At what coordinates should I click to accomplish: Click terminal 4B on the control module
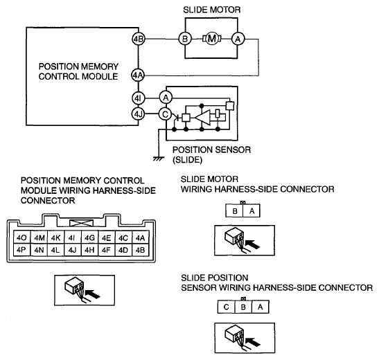pyautogui.click(x=139, y=39)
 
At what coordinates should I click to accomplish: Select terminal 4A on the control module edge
pyautogui.click(x=138, y=75)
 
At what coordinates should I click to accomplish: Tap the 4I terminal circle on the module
pyautogui.click(x=139, y=98)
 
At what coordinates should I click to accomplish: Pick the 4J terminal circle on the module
pyautogui.click(x=138, y=114)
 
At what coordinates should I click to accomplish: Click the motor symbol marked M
pyautogui.click(x=212, y=39)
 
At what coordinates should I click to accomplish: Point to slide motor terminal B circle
pyautogui.click(x=185, y=39)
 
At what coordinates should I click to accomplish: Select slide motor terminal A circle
pyautogui.click(x=238, y=39)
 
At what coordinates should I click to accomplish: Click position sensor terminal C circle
pyautogui.click(x=166, y=114)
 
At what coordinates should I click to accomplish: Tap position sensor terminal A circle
pyautogui.click(x=166, y=98)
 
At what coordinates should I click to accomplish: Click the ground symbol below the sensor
pyautogui.click(x=159, y=159)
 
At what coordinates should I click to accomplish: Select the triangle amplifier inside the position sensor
pyautogui.click(x=202, y=118)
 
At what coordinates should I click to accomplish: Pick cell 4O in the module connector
pyautogui.click(x=21, y=237)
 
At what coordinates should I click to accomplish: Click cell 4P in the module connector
pyautogui.click(x=21, y=250)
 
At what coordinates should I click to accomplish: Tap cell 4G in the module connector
pyautogui.click(x=89, y=237)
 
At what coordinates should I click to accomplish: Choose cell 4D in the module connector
pyautogui.click(x=123, y=250)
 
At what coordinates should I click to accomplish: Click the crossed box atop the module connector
pyautogui.click(x=81, y=223)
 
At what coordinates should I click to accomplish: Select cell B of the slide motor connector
pyautogui.click(x=234, y=211)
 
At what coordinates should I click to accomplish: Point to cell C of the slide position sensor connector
pyautogui.click(x=227, y=307)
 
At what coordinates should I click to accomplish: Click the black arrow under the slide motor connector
pyautogui.click(x=253, y=244)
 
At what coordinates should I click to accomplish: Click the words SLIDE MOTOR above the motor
pyautogui.click(x=212, y=10)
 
